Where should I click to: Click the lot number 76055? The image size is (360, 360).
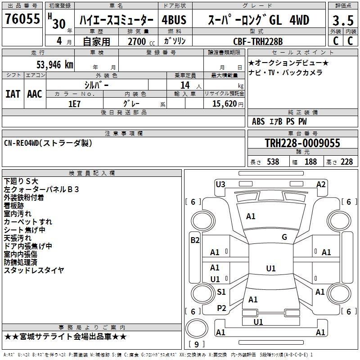(x=22, y=20)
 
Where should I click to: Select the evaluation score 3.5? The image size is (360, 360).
(x=343, y=21)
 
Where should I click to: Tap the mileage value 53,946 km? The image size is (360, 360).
(x=55, y=65)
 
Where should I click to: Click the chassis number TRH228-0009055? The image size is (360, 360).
(x=302, y=143)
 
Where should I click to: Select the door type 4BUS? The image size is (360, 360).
(x=174, y=20)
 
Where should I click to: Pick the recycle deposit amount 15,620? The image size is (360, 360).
(x=224, y=103)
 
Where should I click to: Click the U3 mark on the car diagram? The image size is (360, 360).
(x=220, y=184)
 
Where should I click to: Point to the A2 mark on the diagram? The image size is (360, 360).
(x=321, y=184)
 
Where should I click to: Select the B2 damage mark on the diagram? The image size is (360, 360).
(x=195, y=240)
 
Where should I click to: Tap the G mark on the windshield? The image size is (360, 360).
(x=284, y=237)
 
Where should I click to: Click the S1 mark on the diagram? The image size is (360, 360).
(x=221, y=292)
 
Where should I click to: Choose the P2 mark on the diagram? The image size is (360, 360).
(x=221, y=308)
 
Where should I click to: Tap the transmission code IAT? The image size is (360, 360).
(x=13, y=94)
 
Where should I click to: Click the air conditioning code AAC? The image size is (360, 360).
(x=35, y=94)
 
